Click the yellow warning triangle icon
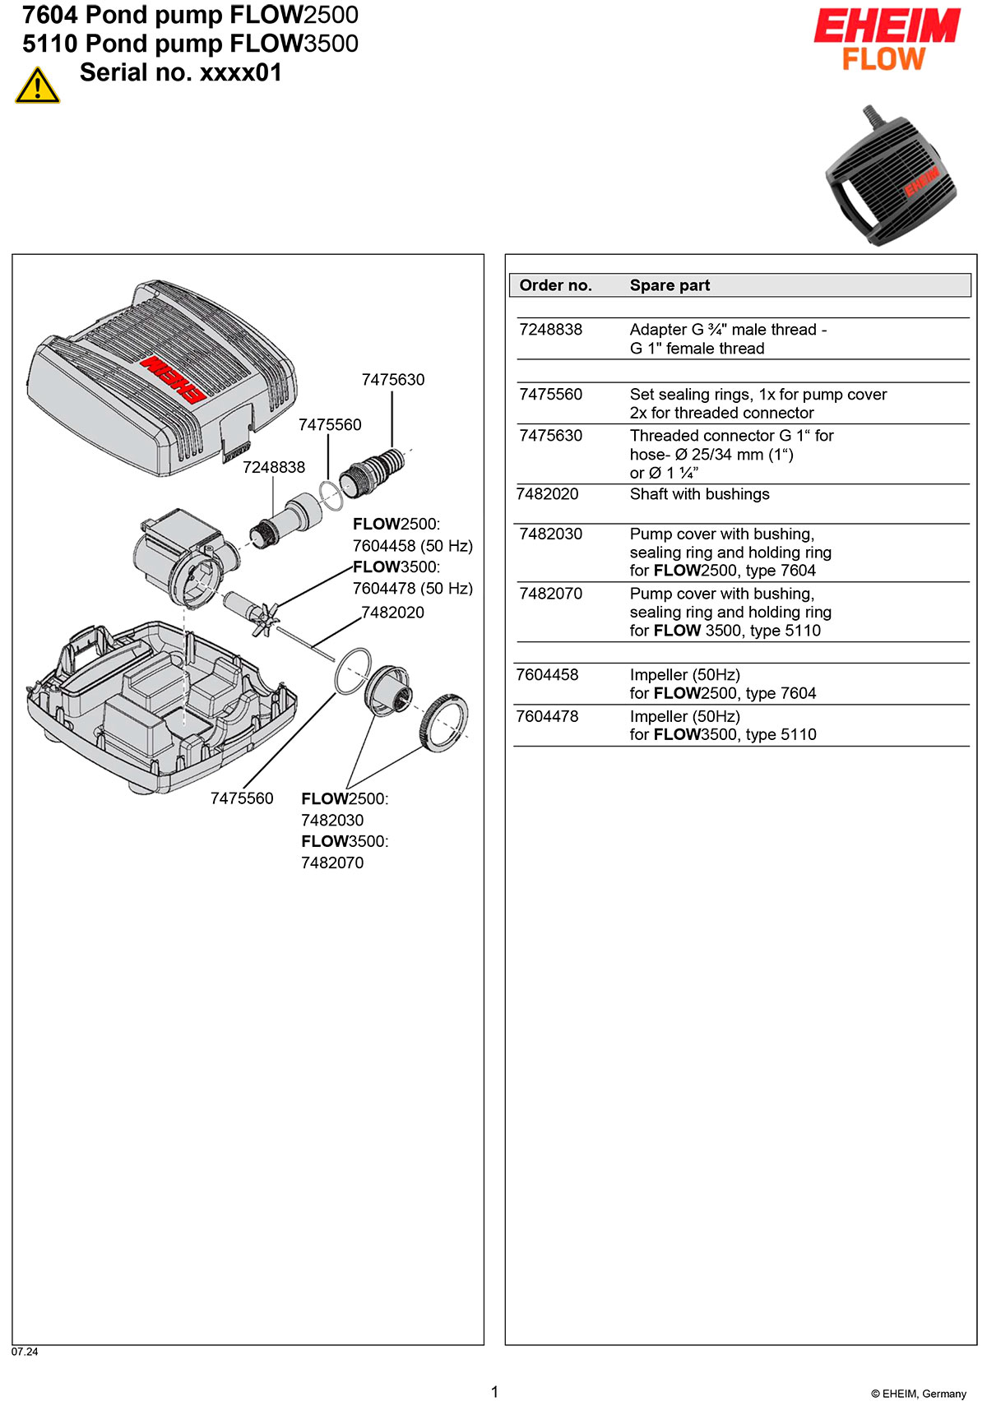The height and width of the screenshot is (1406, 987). click(37, 86)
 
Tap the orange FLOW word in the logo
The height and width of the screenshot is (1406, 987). click(883, 59)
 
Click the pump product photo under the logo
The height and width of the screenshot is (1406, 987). click(892, 175)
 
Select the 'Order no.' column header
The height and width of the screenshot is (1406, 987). click(555, 285)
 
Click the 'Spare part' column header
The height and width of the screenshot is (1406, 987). click(670, 285)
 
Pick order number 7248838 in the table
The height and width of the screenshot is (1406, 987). click(550, 330)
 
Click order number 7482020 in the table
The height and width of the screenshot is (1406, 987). click(547, 494)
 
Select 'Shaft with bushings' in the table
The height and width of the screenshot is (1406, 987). click(699, 494)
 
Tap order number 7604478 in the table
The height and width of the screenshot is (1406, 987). click(547, 716)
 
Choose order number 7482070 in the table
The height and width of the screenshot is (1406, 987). click(550, 594)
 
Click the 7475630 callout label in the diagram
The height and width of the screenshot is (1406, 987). click(393, 380)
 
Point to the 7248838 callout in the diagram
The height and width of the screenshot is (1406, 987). click(274, 467)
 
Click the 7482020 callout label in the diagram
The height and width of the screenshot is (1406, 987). click(393, 613)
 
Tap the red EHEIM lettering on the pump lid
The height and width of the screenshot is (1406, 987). click(172, 378)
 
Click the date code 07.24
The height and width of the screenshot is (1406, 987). click(25, 1351)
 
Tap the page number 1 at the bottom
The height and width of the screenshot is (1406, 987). click(494, 1391)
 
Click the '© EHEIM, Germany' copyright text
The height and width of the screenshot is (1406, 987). click(918, 1394)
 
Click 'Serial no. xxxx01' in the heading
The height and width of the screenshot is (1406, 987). click(180, 73)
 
